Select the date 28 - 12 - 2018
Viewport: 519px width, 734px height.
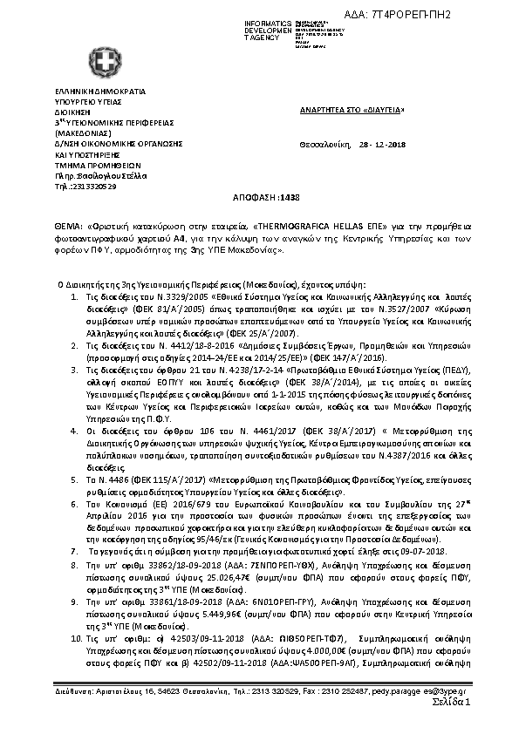[x=377, y=145]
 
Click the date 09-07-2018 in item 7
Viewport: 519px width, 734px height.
[x=424, y=553]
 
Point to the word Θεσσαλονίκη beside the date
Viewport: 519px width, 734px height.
[x=323, y=145]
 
